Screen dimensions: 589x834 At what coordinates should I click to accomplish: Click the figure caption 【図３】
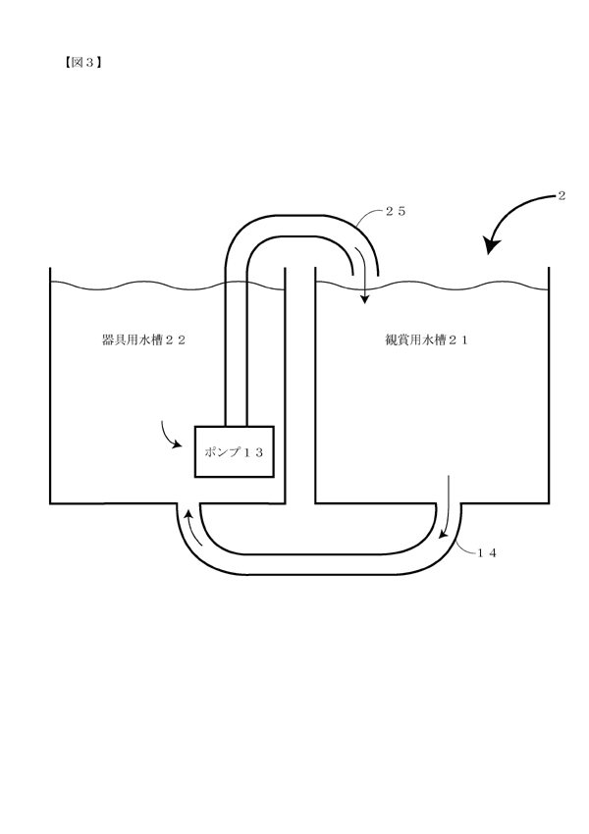tap(81, 63)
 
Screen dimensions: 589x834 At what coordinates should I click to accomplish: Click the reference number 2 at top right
tap(562, 195)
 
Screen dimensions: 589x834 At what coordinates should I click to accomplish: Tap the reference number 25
tap(396, 211)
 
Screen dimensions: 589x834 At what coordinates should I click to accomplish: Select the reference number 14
tap(487, 553)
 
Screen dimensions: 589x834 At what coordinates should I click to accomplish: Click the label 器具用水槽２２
tap(143, 339)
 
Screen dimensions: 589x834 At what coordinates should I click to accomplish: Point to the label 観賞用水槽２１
tap(426, 339)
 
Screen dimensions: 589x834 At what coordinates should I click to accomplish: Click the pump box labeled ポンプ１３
tap(234, 451)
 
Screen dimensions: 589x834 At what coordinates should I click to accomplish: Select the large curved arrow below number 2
tap(510, 213)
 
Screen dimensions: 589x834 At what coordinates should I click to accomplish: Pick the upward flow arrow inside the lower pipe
tap(192, 527)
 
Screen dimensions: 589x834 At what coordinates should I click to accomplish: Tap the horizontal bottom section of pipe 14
tap(319, 564)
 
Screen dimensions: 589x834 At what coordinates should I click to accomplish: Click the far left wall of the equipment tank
tap(50, 385)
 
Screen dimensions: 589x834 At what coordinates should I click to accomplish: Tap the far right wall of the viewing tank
tap(549, 385)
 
